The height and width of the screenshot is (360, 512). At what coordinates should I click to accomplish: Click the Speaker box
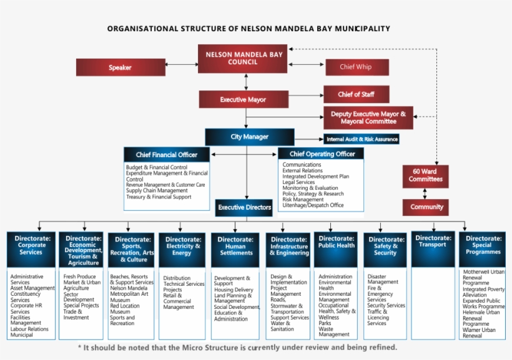(x=121, y=67)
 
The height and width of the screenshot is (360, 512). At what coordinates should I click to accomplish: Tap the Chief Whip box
(x=356, y=67)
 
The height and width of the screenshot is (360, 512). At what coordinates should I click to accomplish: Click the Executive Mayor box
(x=243, y=99)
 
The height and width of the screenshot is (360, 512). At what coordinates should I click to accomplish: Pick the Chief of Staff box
(x=356, y=94)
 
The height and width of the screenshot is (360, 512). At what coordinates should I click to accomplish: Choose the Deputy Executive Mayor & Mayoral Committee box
(x=368, y=117)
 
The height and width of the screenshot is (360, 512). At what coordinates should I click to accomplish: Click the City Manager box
(x=249, y=137)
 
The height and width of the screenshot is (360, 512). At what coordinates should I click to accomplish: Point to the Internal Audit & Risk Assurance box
(x=362, y=139)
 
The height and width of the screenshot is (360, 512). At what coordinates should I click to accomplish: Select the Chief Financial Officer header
(x=167, y=155)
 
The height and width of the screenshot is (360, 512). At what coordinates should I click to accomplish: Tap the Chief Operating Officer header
(x=322, y=154)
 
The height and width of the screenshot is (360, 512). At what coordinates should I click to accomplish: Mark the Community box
(x=427, y=207)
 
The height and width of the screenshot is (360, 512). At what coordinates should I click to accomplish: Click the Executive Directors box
(x=245, y=207)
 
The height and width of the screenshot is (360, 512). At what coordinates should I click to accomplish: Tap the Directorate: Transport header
(x=433, y=241)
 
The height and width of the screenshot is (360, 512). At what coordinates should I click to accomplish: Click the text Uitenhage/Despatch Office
(x=313, y=205)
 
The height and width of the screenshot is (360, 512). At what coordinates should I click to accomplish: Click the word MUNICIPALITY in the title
(x=359, y=28)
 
